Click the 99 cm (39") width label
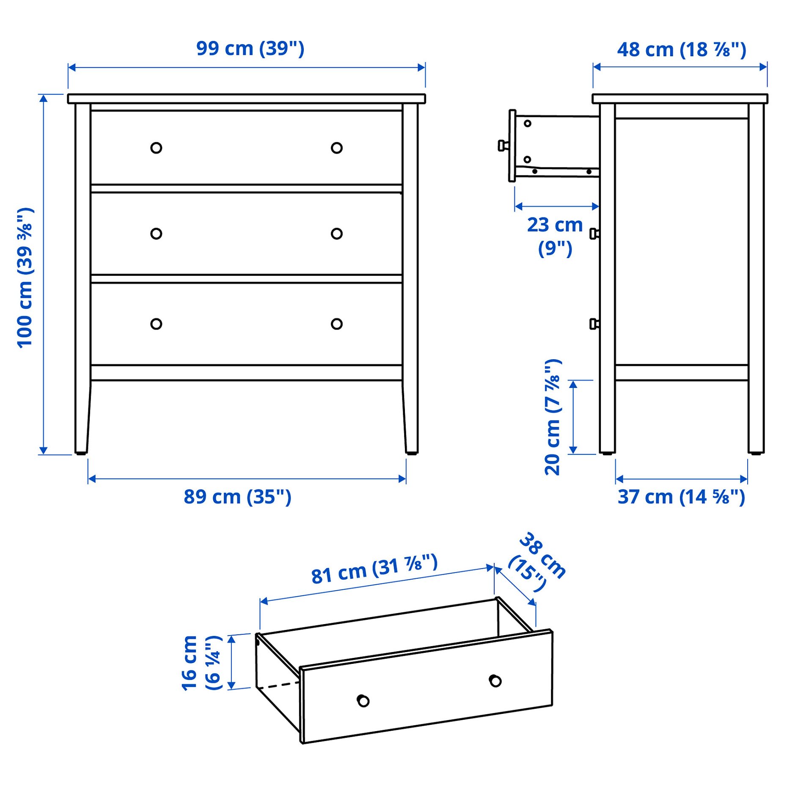point(250,49)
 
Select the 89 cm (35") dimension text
point(237,497)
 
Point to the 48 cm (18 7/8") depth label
point(681,50)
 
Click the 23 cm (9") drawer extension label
point(554,236)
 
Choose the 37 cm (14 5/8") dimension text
point(681,497)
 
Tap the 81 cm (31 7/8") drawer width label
point(374,570)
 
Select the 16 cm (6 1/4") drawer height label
point(201,663)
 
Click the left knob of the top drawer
point(156,148)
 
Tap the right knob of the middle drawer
point(336,234)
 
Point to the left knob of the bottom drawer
point(156,324)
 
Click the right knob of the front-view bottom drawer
point(336,324)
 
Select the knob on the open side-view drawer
point(503,146)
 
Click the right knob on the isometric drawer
point(495,681)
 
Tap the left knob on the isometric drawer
point(363,701)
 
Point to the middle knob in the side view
point(594,234)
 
